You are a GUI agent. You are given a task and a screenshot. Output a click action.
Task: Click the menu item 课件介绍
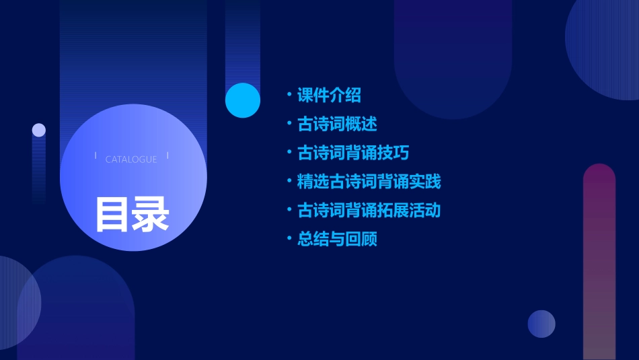329,96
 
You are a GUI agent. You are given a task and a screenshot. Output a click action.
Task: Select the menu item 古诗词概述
337,124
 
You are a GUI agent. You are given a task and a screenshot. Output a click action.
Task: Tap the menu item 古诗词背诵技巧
353,153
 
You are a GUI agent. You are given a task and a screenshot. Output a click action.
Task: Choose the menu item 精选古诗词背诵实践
369,182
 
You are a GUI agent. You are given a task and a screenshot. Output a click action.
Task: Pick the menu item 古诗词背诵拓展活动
369,211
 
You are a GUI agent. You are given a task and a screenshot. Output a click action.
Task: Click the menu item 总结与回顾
337,240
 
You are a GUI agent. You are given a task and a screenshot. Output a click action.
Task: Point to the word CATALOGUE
131,159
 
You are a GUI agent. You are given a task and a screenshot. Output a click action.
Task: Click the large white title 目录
132,214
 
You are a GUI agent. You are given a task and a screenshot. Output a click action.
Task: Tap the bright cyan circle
243,100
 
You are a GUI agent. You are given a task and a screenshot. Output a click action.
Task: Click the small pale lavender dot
39,130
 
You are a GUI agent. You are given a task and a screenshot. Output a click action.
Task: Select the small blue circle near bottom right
541,324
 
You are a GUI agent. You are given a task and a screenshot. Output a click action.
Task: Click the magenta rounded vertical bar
599,262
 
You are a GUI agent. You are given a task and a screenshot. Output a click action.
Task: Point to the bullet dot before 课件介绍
289,95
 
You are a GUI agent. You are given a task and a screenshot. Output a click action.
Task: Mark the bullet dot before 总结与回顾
289,239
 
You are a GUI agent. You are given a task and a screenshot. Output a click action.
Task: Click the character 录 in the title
151,214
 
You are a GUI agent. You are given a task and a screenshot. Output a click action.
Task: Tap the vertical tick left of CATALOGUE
96,156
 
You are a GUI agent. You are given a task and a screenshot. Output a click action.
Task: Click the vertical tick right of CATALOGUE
167,156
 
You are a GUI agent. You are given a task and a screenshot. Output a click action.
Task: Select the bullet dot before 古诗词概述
289,124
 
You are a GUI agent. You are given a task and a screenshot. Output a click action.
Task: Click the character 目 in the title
112,214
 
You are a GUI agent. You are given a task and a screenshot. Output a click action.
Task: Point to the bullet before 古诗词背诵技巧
289,153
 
